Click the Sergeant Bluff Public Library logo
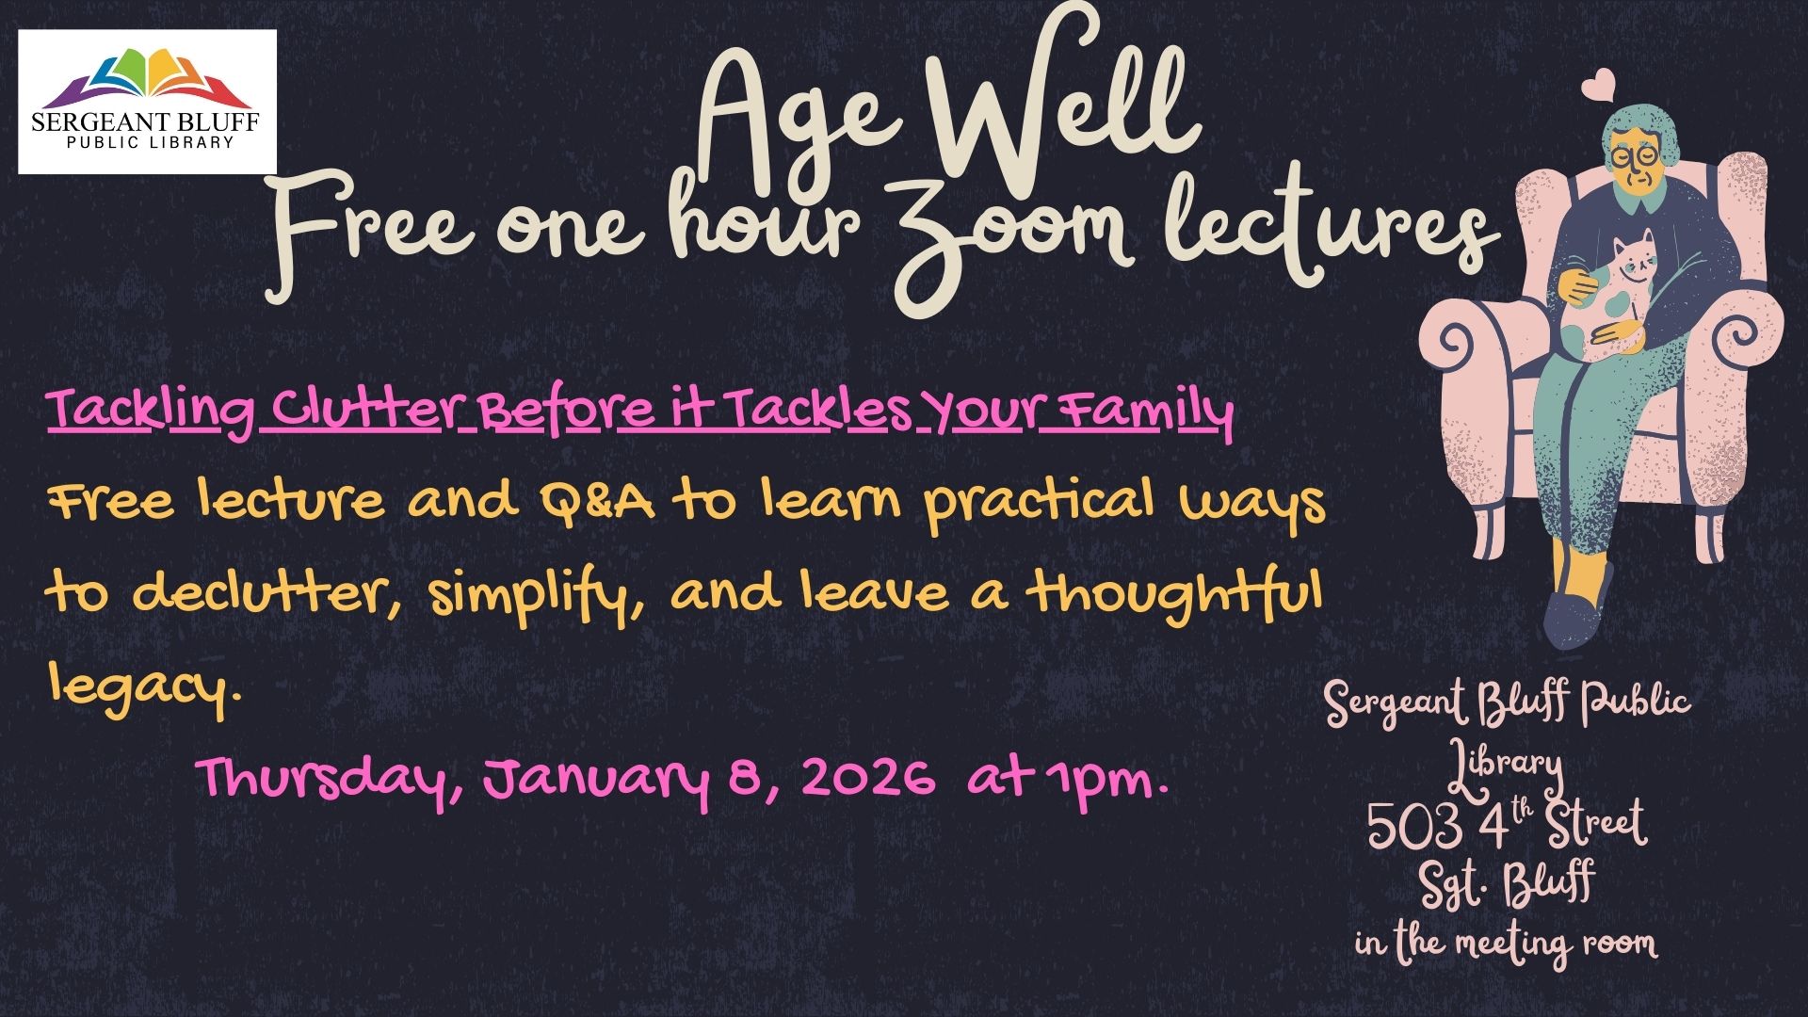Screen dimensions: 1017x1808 [147, 102]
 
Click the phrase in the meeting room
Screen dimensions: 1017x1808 [1507, 943]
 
